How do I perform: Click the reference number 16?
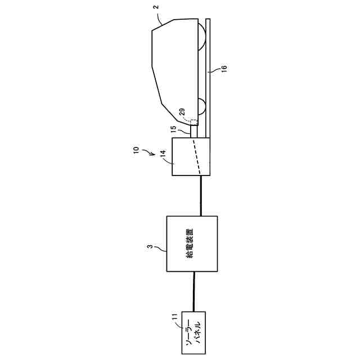(x=224, y=69)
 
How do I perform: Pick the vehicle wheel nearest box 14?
(x=201, y=105)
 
